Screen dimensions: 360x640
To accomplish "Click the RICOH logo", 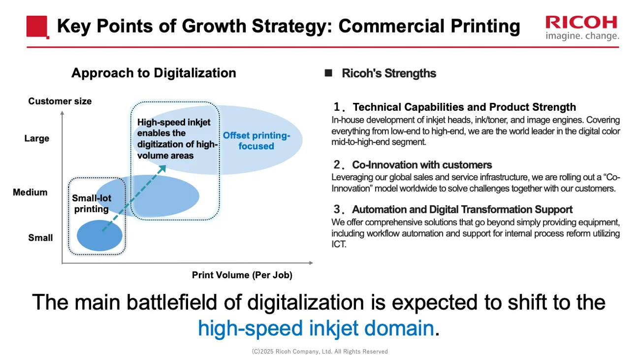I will tap(581, 28).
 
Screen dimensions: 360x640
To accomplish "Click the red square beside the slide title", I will tap(37, 26).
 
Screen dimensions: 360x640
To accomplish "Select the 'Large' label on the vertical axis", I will tap(37, 138).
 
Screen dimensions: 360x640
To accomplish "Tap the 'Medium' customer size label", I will tap(30, 192).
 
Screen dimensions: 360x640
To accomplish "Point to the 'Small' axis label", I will tap(40, 237).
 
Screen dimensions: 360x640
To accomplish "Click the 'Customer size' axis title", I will tap(60, 101).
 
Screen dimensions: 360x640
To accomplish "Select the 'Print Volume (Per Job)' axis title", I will tap(242, 275).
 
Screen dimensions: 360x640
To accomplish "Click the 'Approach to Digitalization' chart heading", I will tap(154, 73).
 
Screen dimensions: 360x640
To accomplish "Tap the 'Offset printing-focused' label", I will tap(256, 140).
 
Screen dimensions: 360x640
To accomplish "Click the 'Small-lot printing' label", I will tap(92, 203).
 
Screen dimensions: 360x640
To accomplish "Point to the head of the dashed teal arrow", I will tap(164, 166).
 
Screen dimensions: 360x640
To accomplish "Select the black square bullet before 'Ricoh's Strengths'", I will tap(328, 73).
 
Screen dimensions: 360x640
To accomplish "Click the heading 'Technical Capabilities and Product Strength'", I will tap(464, 107).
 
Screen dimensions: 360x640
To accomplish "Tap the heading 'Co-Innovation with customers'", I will tap(422, 164).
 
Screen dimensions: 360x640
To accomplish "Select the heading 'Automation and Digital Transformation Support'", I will tap(462, 209).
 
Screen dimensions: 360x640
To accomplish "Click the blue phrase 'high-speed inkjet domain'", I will tap(316, 327).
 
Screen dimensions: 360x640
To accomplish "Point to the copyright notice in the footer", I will tap(320, 352).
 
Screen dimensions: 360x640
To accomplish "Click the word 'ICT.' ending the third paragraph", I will tap(339, 244).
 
